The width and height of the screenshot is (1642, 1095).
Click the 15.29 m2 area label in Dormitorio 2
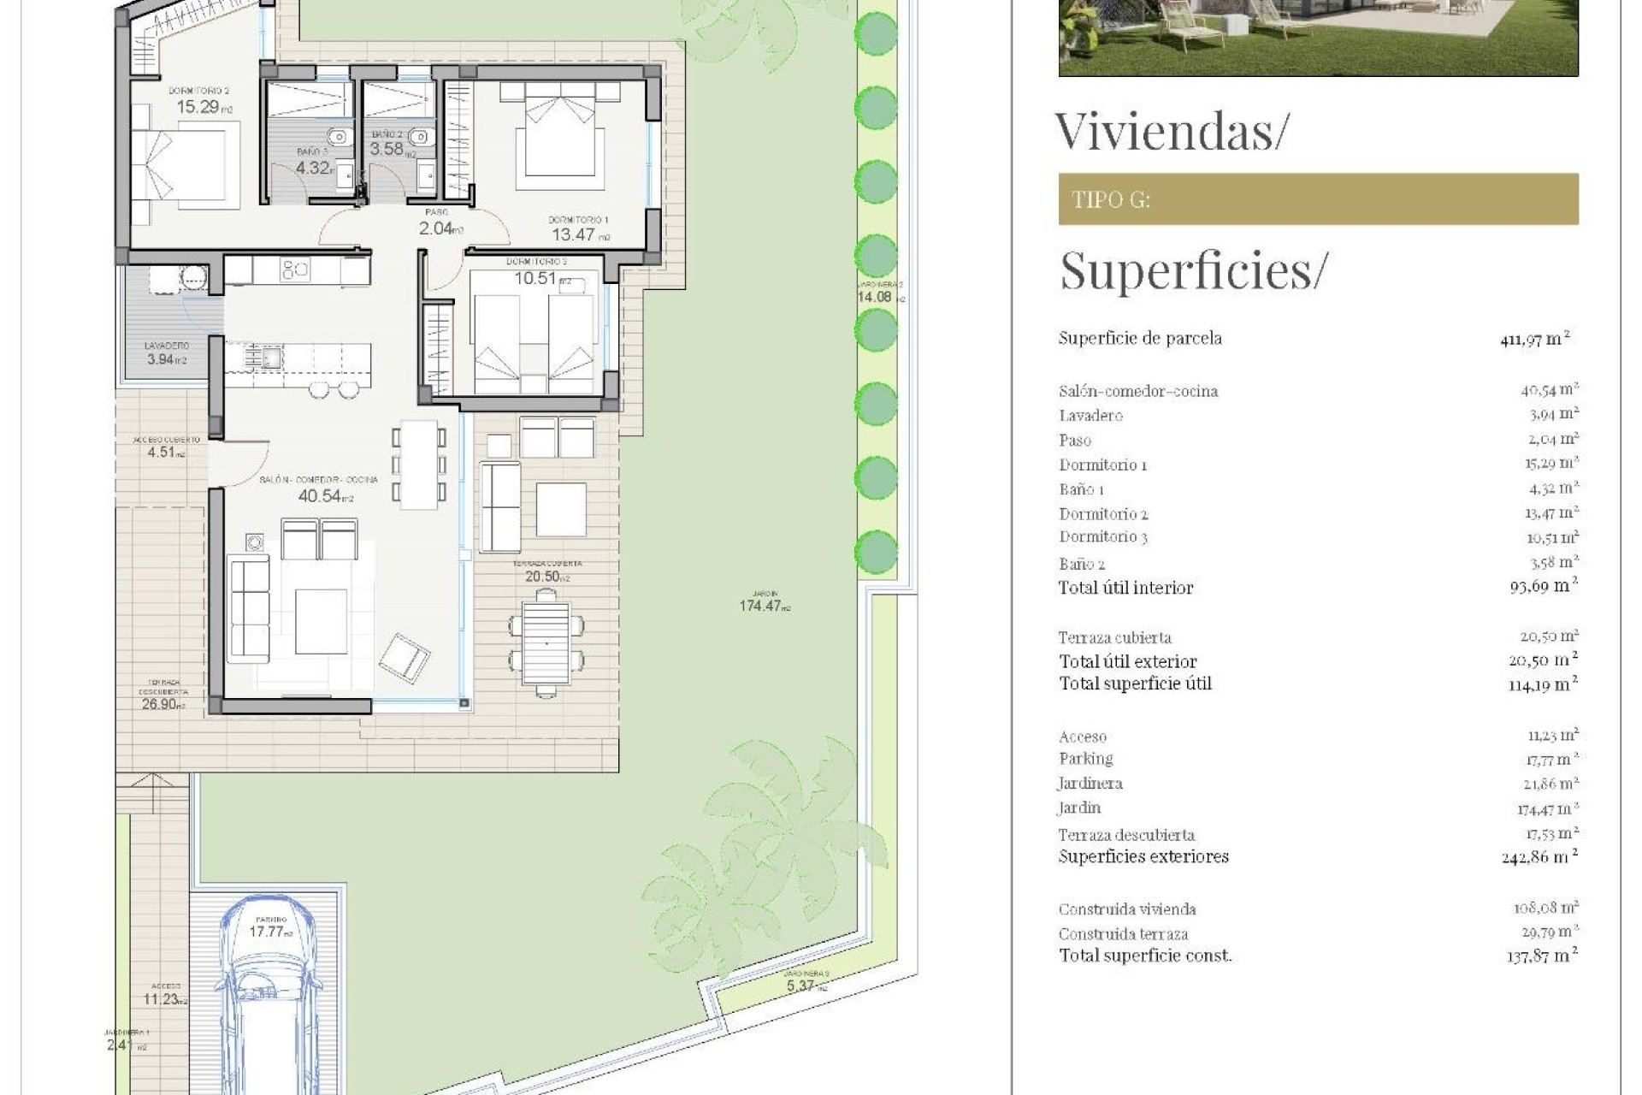[x=202, y=107]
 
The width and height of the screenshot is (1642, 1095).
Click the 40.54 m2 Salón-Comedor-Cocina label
[x=321, y=495]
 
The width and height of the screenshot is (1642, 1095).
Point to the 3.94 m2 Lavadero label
[x=164, y=359]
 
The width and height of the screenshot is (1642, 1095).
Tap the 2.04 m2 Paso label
[x=438, y=228]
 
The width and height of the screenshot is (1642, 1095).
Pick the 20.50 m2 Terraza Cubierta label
[x=545, y=577]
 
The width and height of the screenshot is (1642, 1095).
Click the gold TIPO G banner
[x=1317, y=199]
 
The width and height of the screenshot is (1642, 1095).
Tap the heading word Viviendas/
[x=1170, y=131]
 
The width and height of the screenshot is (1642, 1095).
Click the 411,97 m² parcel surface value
[x=1534, y=339]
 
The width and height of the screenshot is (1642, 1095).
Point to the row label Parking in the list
[x=1086, y=759]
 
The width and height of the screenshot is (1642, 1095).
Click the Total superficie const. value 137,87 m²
[x=1541, y=956]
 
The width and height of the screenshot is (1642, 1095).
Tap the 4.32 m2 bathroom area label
[x=313, y=168]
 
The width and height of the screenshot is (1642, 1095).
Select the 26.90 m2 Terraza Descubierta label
[x=161, y=704]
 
